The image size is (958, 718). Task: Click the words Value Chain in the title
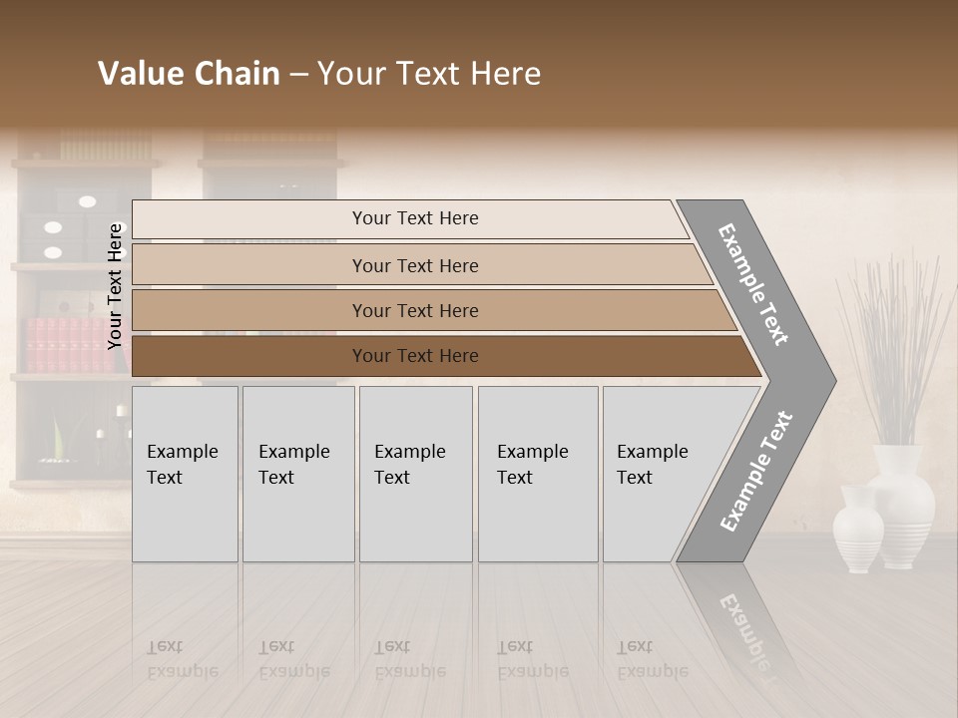coord(189,74)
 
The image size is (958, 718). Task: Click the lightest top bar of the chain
coord(414,218)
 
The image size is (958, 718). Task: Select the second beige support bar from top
coord(414,265)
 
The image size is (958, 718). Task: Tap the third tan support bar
coord(414,311)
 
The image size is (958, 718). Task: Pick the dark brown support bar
coord(414,356)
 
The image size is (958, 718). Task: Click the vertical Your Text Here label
coord(115,286)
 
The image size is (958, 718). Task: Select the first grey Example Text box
coord(185,474)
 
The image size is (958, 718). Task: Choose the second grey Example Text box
coord(297,474)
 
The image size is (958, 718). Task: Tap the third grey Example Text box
coord(415,474)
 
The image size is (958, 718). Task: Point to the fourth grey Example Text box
coord(538,474)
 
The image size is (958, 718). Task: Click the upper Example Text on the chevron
coord(753,284)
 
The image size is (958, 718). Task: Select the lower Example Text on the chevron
coord(755,472)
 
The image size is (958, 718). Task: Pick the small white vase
coord(858,529)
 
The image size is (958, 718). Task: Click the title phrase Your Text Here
coord(429,74)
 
